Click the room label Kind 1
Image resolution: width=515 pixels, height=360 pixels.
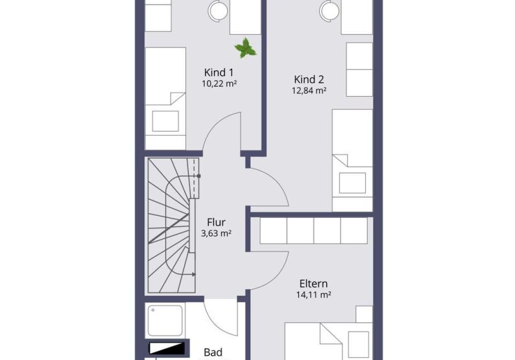(x=219, y=72)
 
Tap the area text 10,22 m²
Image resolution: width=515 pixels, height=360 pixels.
(x=219, y=84)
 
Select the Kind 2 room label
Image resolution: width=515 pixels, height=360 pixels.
(x=309, y=79)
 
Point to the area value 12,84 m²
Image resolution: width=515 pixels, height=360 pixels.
(x=309, y=90)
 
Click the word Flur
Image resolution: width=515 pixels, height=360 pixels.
(x=216, y=222)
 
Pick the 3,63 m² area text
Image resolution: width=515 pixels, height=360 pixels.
(x=216, y=234)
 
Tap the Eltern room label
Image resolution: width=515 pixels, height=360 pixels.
(x=313, y=283)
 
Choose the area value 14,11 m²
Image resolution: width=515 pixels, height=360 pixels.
(x=313, y=294)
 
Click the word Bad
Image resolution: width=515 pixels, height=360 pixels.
(x=213, y=352)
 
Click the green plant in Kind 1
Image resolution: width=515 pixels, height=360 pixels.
(x=245, y=48)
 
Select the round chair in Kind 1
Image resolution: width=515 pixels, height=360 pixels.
(x=218, y=10)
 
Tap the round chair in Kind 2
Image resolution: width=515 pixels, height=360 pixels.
(x=329, y=9)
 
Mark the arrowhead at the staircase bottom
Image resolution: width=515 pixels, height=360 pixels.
(x=194, y=274)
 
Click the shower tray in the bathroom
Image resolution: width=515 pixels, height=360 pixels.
(x=165, y=320)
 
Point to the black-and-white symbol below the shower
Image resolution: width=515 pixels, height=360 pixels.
(x=167, y=348)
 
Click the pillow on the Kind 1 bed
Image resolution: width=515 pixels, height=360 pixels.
(x=165, y=121)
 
